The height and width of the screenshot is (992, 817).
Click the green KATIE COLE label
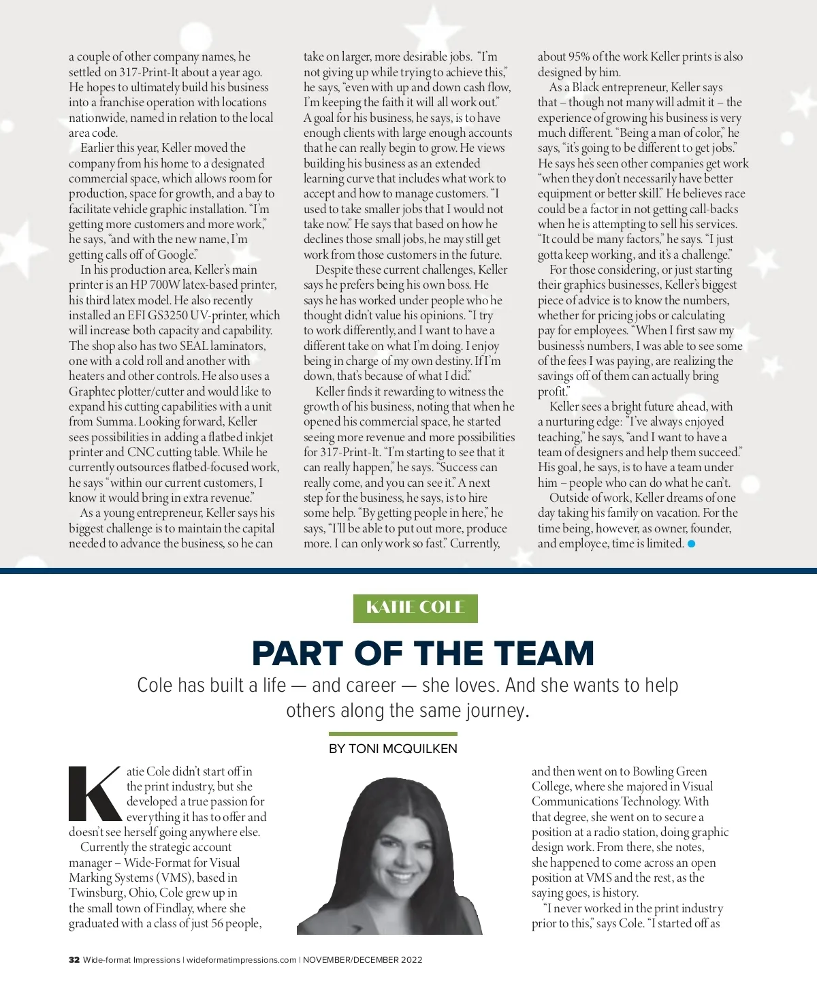(415, 608)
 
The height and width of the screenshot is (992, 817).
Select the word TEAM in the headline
(544, 654)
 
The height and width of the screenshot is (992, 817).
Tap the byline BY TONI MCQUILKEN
(393, 748)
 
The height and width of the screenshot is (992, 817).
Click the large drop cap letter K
(95, 794)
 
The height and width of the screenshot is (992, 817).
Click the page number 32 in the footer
(74, 960)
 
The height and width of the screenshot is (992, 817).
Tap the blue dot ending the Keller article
(692, 543)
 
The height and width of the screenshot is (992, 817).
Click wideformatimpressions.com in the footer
(242, 960)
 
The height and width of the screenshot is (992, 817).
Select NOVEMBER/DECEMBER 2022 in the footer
(362, 960)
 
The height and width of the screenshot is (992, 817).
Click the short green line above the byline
(393, 734)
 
